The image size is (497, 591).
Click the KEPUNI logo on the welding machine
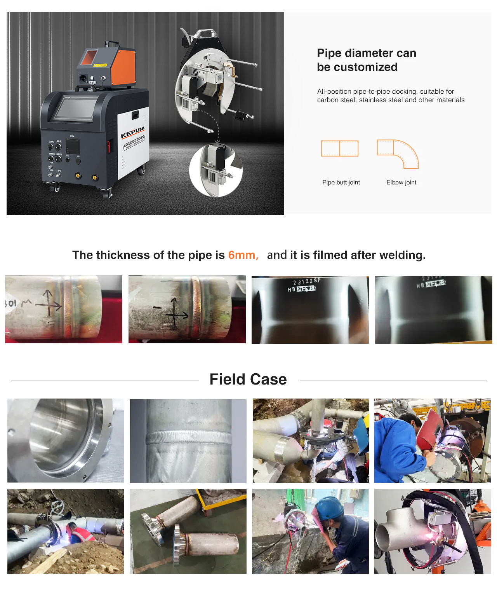pyautogui.click(x=133, y=133)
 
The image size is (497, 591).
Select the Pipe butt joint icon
pyautogui.click(x=340, y=148)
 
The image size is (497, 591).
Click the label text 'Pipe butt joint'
pyautogui.click(x=341, y=182)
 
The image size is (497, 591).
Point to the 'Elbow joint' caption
pyautogui.click(x=401, y=182)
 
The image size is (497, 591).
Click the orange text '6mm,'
pyautogui.click(x=243, y=255)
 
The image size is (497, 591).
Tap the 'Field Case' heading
pyautogui.click(x=248, y=379)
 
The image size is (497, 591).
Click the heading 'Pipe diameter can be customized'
pyautogui.click(x=366, y=60)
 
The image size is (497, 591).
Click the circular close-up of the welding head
pyautogui.click(x=216, y=170)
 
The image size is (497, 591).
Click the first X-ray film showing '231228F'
pyautogui.click(x=310, y=309)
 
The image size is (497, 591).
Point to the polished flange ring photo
pyautogui.click(x=66, y=441)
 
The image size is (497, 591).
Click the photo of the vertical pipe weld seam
pyautogui.click(x=188, y=441)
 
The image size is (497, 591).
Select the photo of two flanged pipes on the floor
pyautogui.click(x=188, y=531)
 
